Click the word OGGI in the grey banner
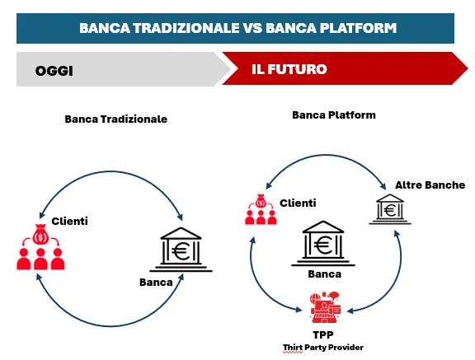click(54, 71)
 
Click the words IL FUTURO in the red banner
click(289, 69)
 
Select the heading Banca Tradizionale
click(116, 119)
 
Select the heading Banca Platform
click(334, 115)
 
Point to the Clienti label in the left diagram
click(69, 221)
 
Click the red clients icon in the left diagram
click(40, 246)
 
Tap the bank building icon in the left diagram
click(181, 250)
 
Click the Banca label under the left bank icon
click(156, 283)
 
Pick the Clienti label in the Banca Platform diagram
click(298, 203)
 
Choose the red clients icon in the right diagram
click(261, 209)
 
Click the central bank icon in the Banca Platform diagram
click(323, 244)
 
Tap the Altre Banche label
click(430, 185)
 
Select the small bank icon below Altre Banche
click(390, 209)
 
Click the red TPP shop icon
click(326, 307)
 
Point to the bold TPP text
click(323, 335)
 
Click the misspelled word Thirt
click(293, 348)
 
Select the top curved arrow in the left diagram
click(111, 172)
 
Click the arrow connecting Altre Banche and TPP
click(400, 273)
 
